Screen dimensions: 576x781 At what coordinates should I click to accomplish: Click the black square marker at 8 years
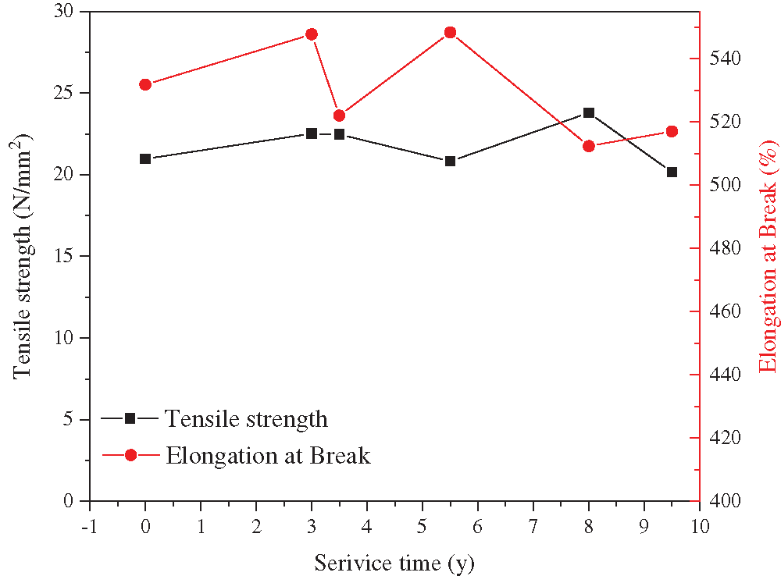click(589, 112)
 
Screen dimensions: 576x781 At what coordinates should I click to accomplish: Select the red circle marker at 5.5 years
click(450, 33)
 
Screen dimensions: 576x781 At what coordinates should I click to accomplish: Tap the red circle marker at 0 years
click(145, 84)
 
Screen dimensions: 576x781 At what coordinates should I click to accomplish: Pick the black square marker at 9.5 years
click(672, 172)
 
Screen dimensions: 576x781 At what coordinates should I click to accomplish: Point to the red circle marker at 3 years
click(312, 34)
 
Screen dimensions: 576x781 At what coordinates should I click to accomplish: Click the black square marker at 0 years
click(145, 158)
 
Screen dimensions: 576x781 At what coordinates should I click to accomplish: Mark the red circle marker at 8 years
click(589, 146)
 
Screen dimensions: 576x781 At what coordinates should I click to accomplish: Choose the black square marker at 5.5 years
click(450, 161)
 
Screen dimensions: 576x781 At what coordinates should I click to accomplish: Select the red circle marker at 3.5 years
click(339, 116)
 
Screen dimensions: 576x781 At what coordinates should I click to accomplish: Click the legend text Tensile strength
click(246, 419)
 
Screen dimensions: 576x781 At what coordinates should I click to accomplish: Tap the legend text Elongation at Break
click(267, 455)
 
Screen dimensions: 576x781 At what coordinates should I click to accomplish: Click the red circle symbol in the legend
click(130, 455)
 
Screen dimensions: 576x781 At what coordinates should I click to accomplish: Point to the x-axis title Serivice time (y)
click(394, 561)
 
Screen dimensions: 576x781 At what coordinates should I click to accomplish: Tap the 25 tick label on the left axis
click(69, 93)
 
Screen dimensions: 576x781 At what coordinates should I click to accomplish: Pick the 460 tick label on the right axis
click(726, 311)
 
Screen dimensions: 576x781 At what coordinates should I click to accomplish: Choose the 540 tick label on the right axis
click(726, 59)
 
